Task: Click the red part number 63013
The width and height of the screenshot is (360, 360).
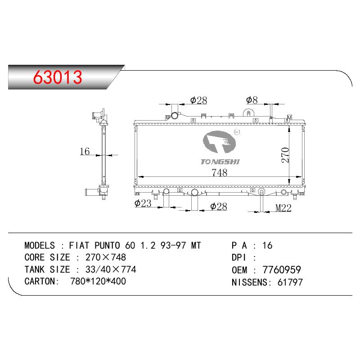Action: [x=58, y=77]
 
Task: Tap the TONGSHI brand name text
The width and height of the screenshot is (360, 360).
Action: [x=220, y=162]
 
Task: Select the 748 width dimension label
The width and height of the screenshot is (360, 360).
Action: [x=220, y=173]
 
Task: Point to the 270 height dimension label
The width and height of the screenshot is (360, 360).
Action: [x=285, y=155]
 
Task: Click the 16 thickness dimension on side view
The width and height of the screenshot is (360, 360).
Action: [x=85, y=152]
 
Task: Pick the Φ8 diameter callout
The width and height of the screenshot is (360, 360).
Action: [x=252, y=100]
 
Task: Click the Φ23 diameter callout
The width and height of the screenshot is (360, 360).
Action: [x=143, y=203]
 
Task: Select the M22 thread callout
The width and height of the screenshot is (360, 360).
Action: [x=283, y=208]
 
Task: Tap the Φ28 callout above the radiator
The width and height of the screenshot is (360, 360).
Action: [x=198, y=100]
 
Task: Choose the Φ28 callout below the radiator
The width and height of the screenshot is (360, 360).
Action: [x=219, y=207]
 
